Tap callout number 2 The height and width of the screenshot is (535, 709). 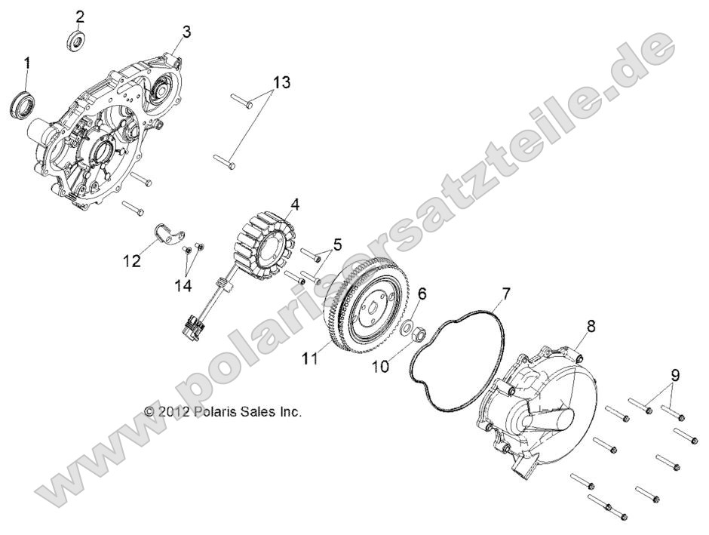click(x=80, y=17)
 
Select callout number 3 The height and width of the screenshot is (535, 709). click(x=186, y=32)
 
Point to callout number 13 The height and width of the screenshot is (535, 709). click(x=280, y=81)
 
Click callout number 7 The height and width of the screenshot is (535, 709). click(x=507, y=292)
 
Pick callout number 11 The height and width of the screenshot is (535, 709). click(x=309, y=360)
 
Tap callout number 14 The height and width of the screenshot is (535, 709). click(x=183, y=285)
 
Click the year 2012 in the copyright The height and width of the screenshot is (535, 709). click(x=173, y=412)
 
